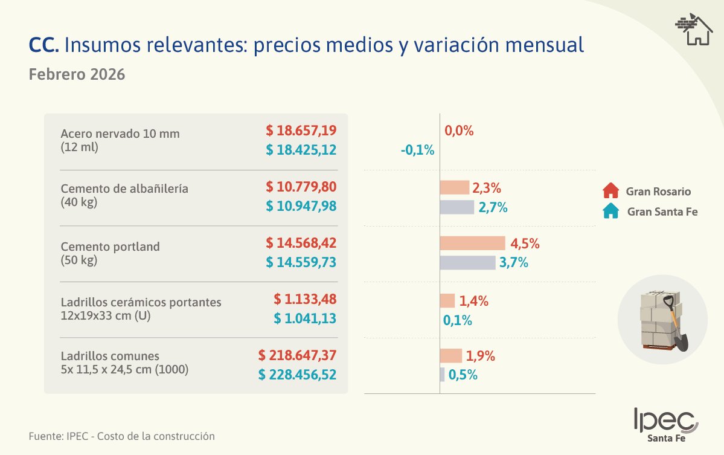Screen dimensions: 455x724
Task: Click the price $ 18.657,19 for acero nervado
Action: [x=301, y=131]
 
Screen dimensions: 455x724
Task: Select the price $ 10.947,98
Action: [x=301, y=207]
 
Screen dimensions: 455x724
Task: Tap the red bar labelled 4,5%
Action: [x=472, y=244]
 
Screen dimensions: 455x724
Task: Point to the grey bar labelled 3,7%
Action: [x=467, y=263]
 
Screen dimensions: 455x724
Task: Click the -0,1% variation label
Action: [x=417, y=150]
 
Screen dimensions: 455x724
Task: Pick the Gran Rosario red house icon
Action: [x=611, y=192]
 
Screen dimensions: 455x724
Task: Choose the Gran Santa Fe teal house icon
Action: [x=611, y=211]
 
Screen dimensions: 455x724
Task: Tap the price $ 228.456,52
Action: [x=297, y=375]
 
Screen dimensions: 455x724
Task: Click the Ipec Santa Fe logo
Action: [x=665, y=425]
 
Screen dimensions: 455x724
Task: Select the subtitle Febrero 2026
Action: [x=77, y=75]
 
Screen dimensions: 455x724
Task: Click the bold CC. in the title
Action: [x=43, y=45]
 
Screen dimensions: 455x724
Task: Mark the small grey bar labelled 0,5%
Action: [x=443, y=375]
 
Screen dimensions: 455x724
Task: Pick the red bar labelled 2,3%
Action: [x=454, y=188]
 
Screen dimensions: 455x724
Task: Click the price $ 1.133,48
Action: [x=304, y=299]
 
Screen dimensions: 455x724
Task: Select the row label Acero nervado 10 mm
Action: [x=120, y=134]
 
